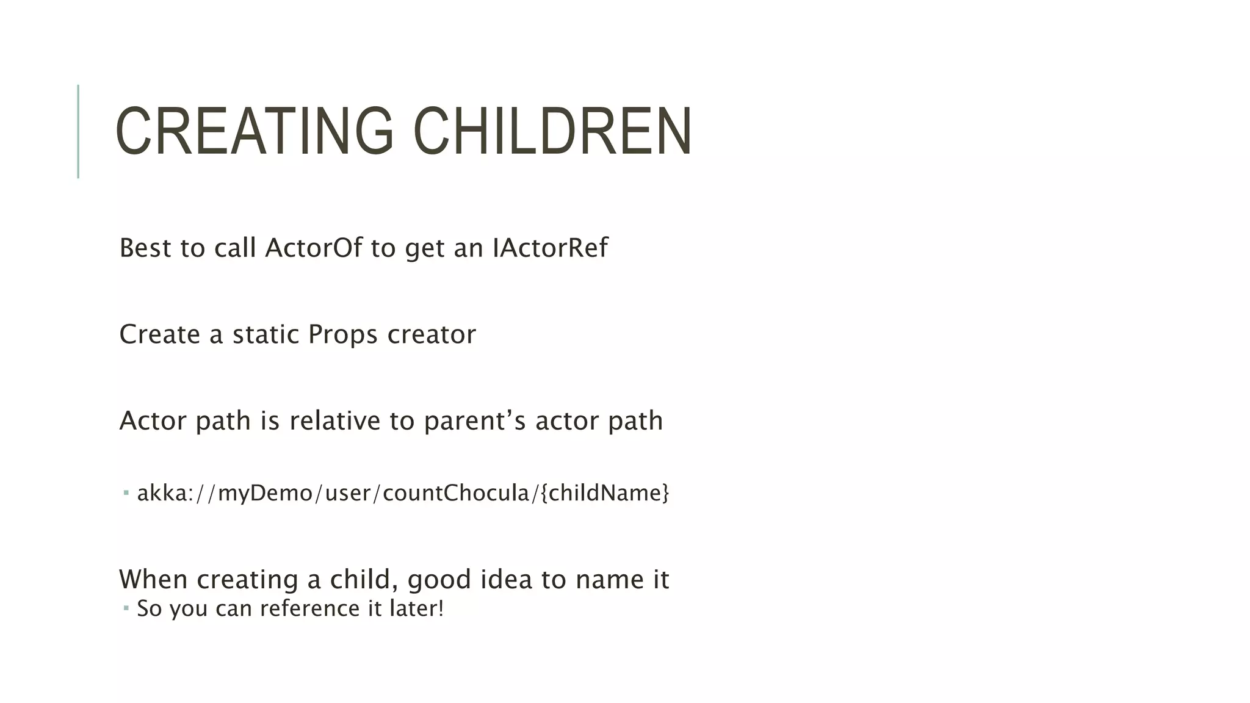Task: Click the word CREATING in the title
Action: pyautogui.click(x=254, y=131)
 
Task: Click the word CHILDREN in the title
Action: pyautogui.click(x=552, y=131)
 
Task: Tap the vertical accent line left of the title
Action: pyautogui.click(x=78, y=131)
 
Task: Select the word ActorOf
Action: pyautogui.click(x=314, y=248)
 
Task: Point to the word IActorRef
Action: pyautogui.click(x=550, y=248)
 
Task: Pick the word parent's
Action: pyautogui.click(x=474, y=420)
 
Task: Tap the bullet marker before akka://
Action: pyautogui.click(x=126, y=492)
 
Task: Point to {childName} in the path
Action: pyautogui.click(x=605, y=492)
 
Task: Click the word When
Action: pyautogui.click(x=153, y=579)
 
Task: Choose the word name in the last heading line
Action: pyautogui.click(x=605, y=579)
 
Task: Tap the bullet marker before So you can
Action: pyautogui.click(x=126, y=608)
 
